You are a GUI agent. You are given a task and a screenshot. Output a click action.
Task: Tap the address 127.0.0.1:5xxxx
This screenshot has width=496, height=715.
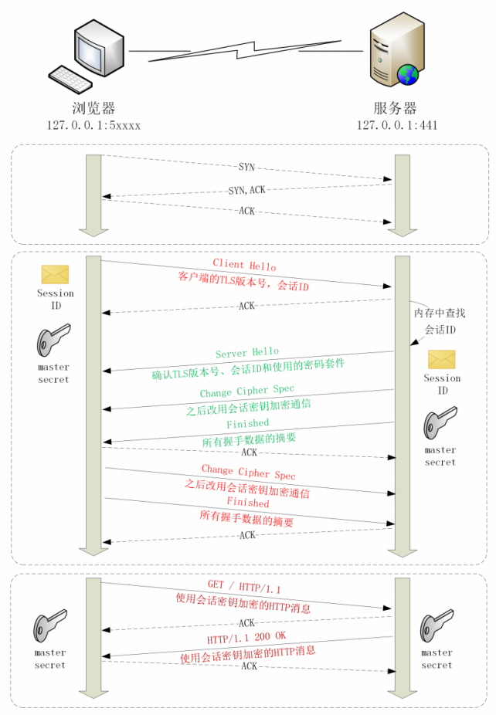93,124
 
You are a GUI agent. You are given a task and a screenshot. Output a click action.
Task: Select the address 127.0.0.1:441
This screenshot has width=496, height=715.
396,124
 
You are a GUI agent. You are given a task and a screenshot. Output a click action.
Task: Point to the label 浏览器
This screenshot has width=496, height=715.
93,108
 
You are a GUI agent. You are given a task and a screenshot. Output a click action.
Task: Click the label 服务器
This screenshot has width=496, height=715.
396,108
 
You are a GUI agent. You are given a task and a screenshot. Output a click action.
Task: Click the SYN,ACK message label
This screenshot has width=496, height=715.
247,190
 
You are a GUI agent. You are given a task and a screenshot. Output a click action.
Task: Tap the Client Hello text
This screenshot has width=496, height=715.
244,266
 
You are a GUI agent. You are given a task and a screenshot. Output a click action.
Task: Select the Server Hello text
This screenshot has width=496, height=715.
247,353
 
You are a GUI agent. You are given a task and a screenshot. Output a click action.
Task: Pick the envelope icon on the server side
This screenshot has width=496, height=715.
442,359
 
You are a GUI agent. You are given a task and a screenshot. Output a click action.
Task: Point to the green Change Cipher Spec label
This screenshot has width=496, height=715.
246,392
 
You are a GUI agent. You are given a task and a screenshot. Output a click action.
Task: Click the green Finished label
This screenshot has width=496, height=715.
248,423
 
